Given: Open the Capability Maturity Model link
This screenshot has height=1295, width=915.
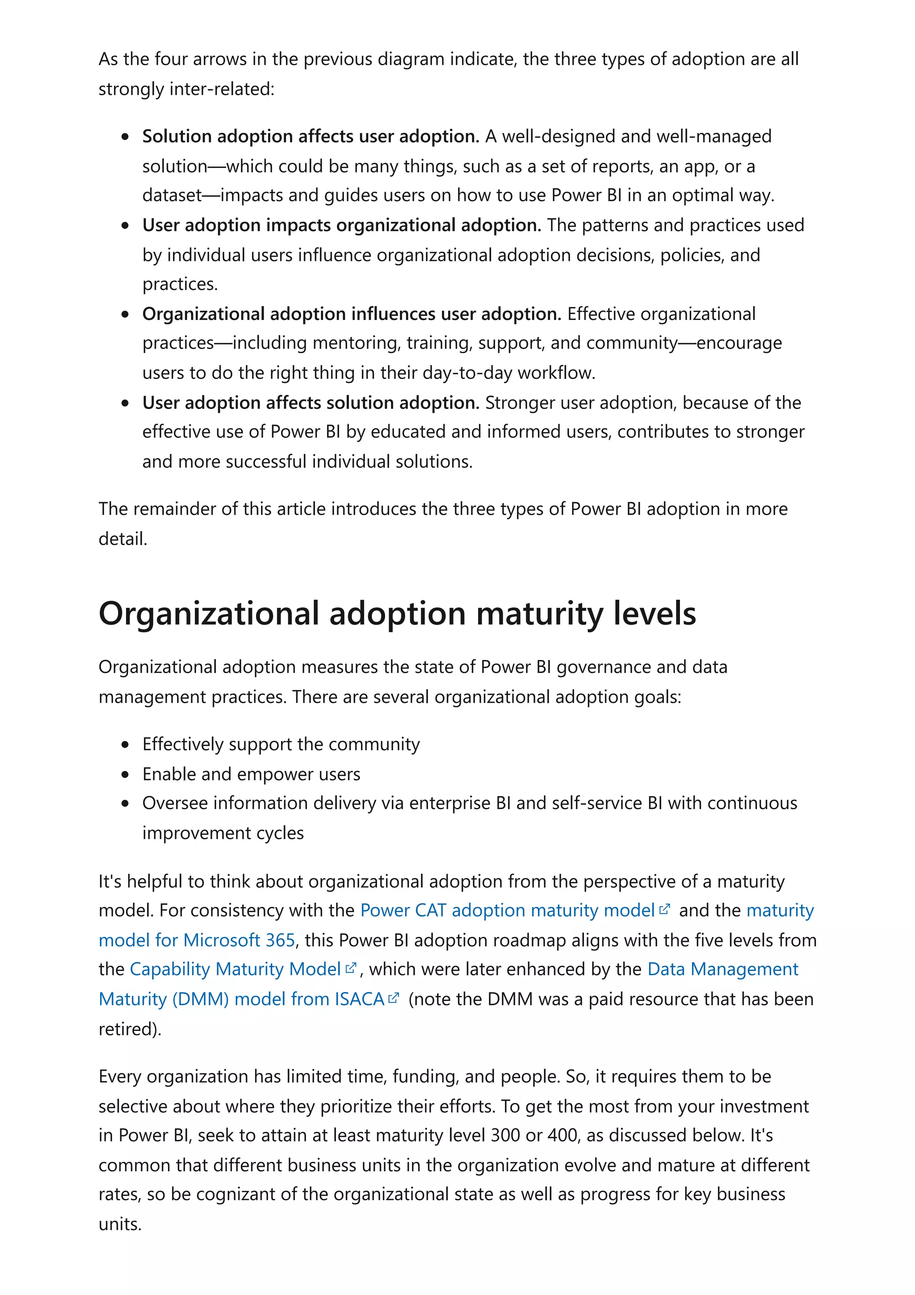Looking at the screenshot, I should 235,968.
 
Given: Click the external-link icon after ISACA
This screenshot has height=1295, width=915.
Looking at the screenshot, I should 394,998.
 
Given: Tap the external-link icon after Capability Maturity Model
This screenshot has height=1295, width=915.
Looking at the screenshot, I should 351,968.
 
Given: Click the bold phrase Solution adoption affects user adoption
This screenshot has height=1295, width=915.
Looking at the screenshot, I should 310,136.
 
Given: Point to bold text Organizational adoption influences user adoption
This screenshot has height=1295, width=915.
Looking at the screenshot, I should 351,314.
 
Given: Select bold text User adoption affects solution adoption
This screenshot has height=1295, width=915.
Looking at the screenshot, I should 310,402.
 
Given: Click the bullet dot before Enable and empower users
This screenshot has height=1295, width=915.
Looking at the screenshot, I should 125,774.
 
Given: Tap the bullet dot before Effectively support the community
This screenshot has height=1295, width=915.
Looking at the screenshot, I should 125,744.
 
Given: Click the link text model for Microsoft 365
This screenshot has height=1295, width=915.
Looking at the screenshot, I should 197,940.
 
